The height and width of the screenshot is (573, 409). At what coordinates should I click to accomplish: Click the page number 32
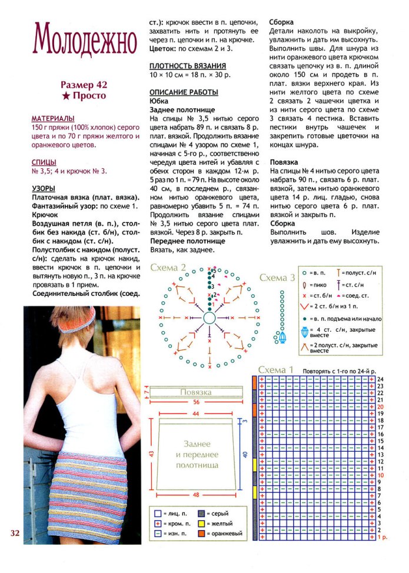click(15, 533)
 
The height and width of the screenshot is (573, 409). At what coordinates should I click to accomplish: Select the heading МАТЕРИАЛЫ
click(53, 118)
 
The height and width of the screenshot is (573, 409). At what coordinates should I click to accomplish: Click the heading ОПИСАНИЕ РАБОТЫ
click(184, 92)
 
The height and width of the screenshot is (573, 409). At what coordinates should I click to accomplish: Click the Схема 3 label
click(277, 278)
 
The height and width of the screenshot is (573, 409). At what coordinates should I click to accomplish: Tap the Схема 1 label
click(276, 369)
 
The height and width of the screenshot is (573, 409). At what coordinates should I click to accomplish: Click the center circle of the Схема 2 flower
click(209, 318)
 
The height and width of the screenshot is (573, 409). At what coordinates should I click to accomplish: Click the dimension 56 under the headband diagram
click(196, 402)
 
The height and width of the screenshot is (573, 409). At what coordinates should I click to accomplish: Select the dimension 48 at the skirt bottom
click(196, 494)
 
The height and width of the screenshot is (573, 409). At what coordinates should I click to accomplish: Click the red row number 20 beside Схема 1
click(381, 407)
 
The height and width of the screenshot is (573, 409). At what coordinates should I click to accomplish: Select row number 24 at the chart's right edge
click(381, 379)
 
